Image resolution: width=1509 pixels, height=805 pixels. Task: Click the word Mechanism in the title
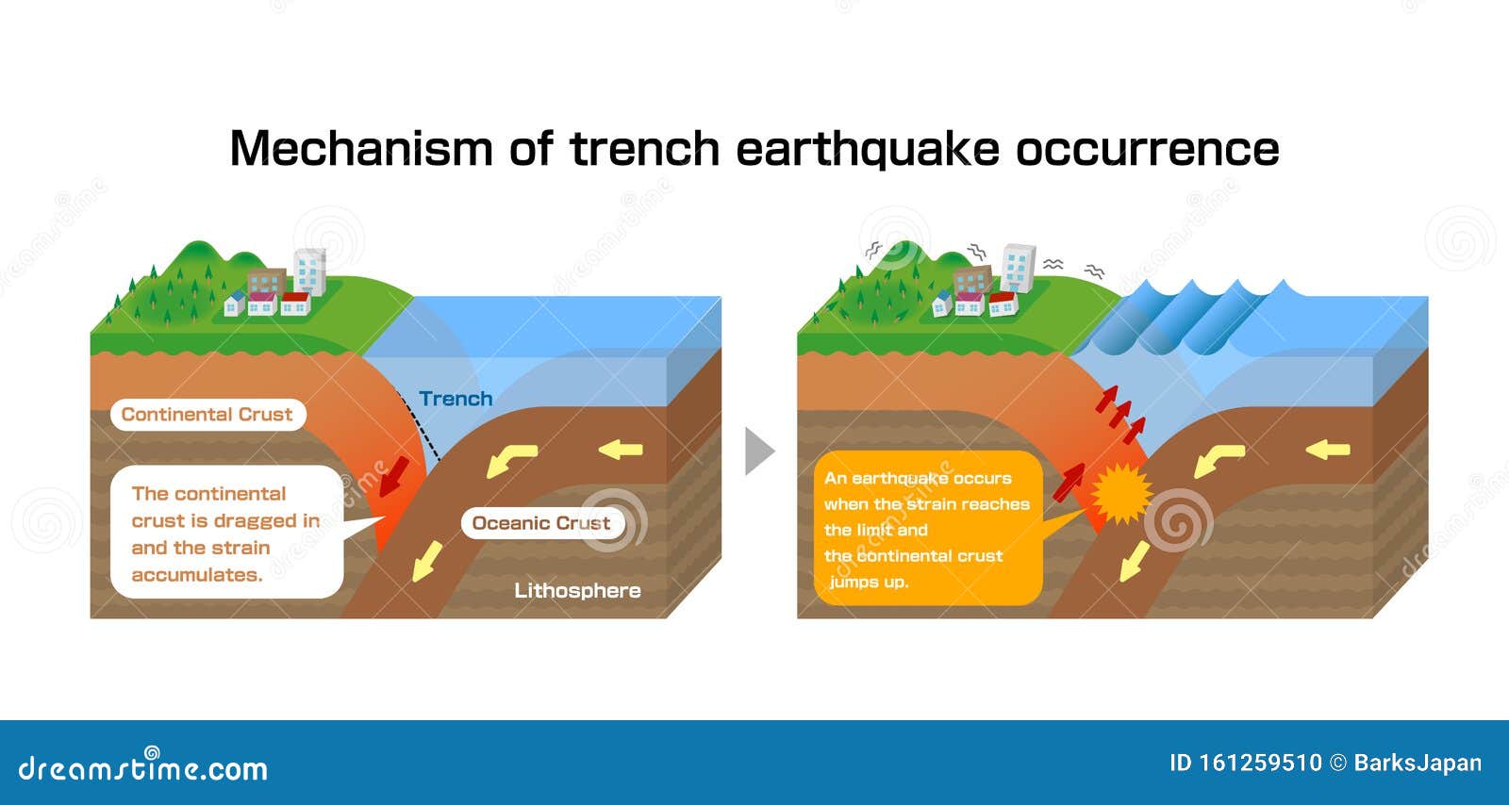pos(361,148)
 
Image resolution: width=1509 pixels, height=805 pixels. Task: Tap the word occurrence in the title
pos(1147,150)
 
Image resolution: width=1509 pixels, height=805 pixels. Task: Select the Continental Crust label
pos(207,414)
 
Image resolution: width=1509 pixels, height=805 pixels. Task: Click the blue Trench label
pos(456,399)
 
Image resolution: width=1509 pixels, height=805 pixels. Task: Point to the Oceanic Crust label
pos(541,523)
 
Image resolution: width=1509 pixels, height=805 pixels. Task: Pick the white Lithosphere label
pos(577,590)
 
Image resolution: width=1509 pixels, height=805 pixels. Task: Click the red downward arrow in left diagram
pos(394,477)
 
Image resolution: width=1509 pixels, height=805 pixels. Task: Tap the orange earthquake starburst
pos(1121,493)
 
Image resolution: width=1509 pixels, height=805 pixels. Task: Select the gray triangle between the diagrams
pos(759,451)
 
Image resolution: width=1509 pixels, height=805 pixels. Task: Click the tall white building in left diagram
pos(310,271)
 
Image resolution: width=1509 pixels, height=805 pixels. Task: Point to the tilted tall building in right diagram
pos(1018,268)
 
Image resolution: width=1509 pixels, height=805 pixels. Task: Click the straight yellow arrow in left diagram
pos(621,449)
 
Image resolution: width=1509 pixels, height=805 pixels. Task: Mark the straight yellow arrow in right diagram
pos(1328,449)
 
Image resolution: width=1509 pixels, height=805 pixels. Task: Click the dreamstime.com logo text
pos(142,766)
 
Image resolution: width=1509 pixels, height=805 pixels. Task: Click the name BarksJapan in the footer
pos(1418,763)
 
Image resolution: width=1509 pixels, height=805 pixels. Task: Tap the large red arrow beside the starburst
pos(1070,482)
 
